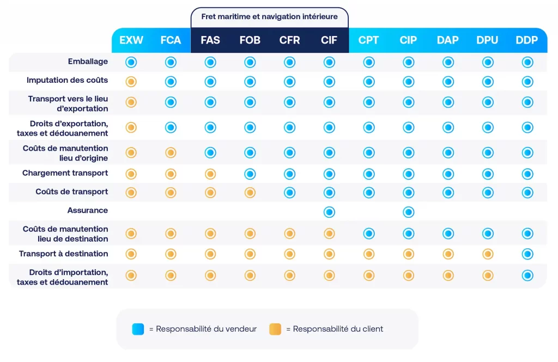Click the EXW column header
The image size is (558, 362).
pos(131,40)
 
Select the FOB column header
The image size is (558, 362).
pos(250,40)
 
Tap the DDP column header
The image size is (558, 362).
pos(527,40)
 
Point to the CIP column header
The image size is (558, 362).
pos(408,40)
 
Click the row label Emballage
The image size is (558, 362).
pos(88,62)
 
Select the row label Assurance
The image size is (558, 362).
pos(88,211)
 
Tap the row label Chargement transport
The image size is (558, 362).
pos(65,174)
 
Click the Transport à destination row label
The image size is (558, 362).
pos(64,254)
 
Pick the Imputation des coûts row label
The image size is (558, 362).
pos(68,81)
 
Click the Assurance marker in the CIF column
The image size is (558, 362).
pos(329,212)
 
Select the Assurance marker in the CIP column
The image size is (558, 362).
pos(408,212)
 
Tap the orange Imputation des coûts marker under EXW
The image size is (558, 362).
pos(131,82)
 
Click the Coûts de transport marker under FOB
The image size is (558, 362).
pos(250,192)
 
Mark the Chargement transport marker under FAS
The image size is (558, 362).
pos(210,174)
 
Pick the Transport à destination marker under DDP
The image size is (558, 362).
pos(527,254)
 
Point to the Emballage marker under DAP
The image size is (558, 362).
pos(448,63)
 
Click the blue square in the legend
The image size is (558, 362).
pos(138,329)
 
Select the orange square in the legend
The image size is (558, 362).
pos(275,329)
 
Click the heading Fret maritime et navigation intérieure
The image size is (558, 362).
pos(269,17)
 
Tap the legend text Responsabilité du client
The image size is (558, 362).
pos(338,329)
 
